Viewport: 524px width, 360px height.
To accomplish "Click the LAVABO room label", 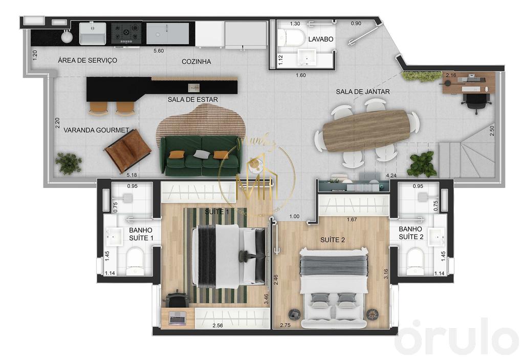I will point(321,39).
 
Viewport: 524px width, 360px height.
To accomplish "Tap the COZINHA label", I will point(196,61).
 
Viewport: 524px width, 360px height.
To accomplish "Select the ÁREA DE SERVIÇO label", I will point(88,60).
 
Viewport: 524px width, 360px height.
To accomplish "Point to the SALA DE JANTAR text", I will point(363,92).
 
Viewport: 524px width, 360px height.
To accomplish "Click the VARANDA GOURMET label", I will point(96,130).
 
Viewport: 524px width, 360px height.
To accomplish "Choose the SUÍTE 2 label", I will point(333,240).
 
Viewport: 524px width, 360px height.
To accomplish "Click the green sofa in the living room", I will point(200,156).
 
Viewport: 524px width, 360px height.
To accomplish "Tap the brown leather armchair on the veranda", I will point(127,150).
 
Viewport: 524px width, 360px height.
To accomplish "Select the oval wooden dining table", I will point(367,131).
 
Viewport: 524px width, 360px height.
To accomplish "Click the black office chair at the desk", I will point(474,100).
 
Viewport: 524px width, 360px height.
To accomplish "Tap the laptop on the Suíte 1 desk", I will point(177,318).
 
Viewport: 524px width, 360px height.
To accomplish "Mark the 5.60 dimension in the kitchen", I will point(159,51).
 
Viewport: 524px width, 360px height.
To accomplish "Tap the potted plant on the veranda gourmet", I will point(69,162).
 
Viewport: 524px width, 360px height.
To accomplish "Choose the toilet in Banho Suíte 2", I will point(416,260).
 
